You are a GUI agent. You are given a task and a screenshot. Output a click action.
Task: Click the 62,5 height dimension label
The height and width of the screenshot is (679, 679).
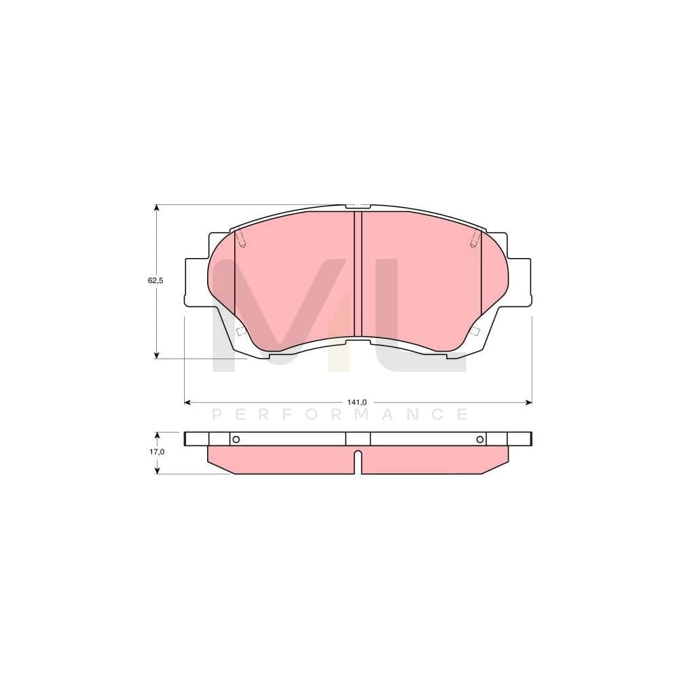pyautogui.click(x=156, y=280)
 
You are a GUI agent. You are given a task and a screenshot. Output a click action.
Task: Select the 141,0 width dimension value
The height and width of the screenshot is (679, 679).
pyautogui.click(x=357, y=403)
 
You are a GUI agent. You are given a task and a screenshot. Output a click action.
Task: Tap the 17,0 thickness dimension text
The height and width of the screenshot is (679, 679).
pyautogui.click(x=156, y=452)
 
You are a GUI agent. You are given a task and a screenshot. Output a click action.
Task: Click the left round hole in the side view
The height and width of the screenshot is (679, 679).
pyautogui.click(x=236, y=439)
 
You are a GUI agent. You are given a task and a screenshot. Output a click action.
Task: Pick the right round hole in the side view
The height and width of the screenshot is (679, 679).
pyautogui.click(x=479, y=439)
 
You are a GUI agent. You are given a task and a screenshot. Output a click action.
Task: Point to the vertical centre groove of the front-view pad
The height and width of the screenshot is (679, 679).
pyautogui.click(x=358, y=275)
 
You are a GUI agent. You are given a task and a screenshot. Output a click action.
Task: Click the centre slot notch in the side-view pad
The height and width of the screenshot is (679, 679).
pyautogui.click(x=358, y=462)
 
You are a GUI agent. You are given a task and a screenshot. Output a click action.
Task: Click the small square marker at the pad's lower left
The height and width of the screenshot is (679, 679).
pyautogui.click(x=240, y=331)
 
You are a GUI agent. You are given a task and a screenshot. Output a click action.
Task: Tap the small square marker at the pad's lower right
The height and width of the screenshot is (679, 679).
pyautogui.click(x=475, y=331)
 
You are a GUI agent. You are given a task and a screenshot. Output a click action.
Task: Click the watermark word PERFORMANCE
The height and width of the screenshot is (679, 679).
pyautogui.click(x=340, y=414)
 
